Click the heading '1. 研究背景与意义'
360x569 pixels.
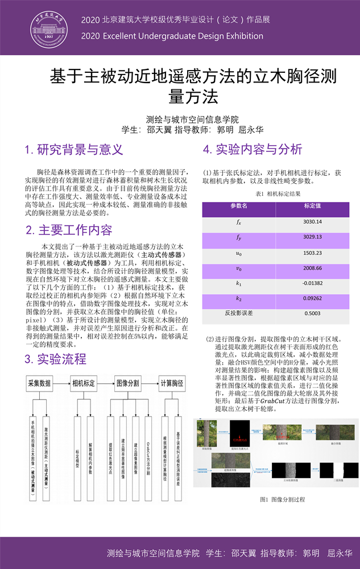point(74,150)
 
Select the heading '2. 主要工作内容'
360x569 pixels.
point(68,230)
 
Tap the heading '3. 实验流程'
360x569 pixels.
point(55,359)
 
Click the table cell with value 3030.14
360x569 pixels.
point(312,221)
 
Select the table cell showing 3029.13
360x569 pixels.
point(312,237)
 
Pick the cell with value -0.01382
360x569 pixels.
point(312,283)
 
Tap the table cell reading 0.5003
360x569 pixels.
point(312,313)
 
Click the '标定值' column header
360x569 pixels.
point(312,206)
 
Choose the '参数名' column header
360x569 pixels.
point(239,206)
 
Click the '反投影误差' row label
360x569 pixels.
point(239,313)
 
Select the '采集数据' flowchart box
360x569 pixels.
point(39,384)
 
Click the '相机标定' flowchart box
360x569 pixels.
point(84,384)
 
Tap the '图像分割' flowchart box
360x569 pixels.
point(128,384)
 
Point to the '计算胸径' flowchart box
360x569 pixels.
point(172,384)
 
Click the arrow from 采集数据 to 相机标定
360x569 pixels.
point(62,384)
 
